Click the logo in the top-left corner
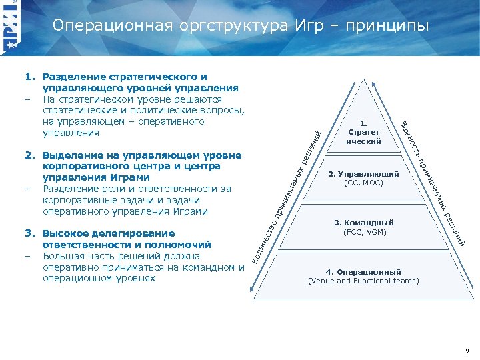(x=11, y=27)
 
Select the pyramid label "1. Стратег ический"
(x=363, y=132)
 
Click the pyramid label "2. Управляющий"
(x=363, y=174)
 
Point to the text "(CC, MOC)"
(x=363, y=183)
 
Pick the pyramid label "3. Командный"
(x=363, y=222)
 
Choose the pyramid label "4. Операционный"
(x=363, y=272)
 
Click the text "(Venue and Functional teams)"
(x=363, y=281)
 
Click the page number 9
(x=467, y=350)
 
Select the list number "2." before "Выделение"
(x=30, y=155)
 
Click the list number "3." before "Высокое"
(x=30, y=233)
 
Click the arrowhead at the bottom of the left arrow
(x=251, y=289)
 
